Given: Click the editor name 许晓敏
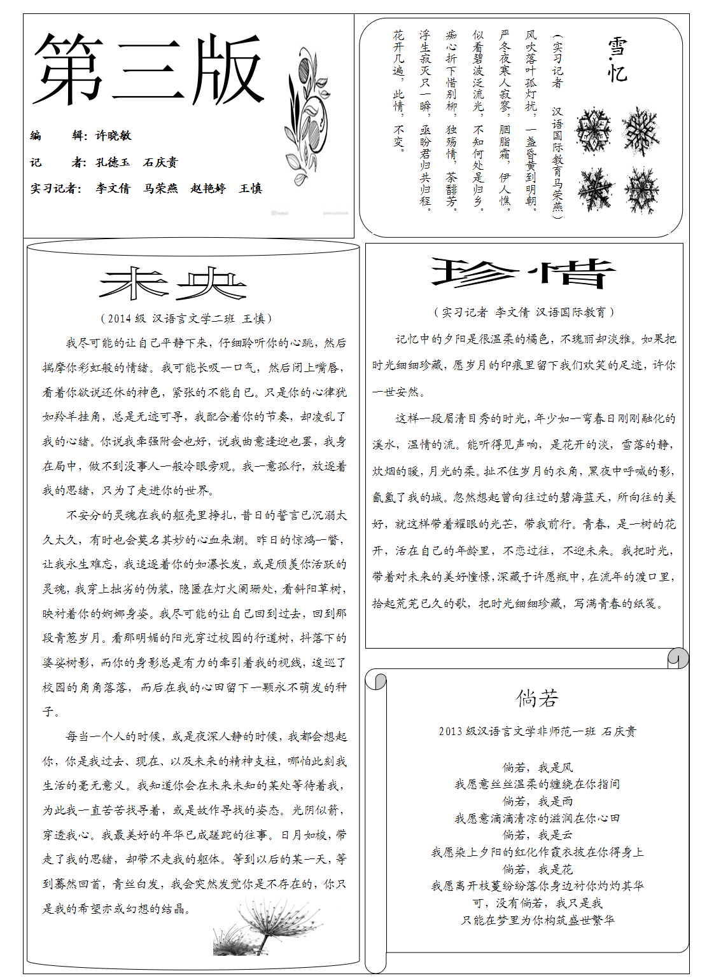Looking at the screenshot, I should coord(113,135).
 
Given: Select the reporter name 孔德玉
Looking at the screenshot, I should coord(113,162).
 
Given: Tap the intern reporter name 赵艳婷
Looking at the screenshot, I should coord(208,188).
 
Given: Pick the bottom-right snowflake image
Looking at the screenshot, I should coord(641,190).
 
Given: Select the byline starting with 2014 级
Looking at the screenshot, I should coord(186,319).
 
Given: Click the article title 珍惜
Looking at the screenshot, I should coord(523,274).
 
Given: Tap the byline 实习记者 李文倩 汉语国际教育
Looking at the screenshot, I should coord(524,312).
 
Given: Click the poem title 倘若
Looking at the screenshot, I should coord(537,699).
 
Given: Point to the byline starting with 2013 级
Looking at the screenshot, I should coord(537,731).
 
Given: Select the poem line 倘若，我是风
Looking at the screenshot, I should coord(537,768).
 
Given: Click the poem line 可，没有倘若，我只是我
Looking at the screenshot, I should coord(537,903).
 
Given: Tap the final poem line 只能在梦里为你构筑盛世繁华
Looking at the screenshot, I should coord(537,920).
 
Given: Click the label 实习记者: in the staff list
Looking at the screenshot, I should coord(56,188).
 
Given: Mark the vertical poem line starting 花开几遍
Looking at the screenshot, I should coord(398,89).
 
